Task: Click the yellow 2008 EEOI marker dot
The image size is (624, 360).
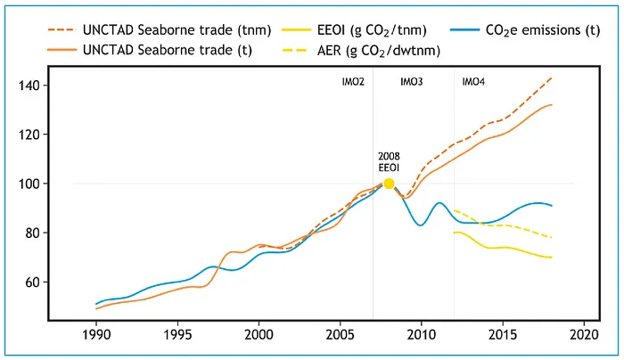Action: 389,184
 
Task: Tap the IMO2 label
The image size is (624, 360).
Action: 353,83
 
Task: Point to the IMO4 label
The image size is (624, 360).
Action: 473,83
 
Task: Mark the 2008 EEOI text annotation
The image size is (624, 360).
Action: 390,161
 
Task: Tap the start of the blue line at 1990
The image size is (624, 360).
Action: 96,304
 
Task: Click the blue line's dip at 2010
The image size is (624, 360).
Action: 421,225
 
